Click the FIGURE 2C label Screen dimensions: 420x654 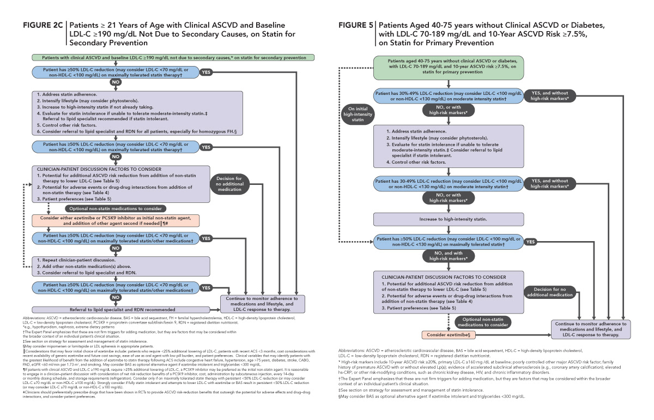pos(42,26)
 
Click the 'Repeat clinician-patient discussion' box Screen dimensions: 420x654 pos(116,266)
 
